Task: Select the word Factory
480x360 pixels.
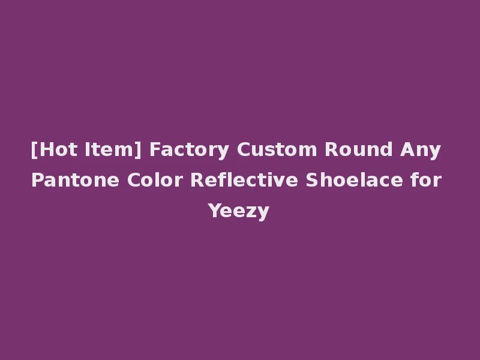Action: point(189,149)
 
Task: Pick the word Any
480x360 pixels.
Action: point(421,149)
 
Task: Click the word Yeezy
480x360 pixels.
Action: point(239,211)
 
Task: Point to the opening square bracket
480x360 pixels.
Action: point(34,149)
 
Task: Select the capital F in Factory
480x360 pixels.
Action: point(154,149)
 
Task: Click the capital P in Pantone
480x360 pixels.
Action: point(37,180)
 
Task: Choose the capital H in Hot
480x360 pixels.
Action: point(46,149)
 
